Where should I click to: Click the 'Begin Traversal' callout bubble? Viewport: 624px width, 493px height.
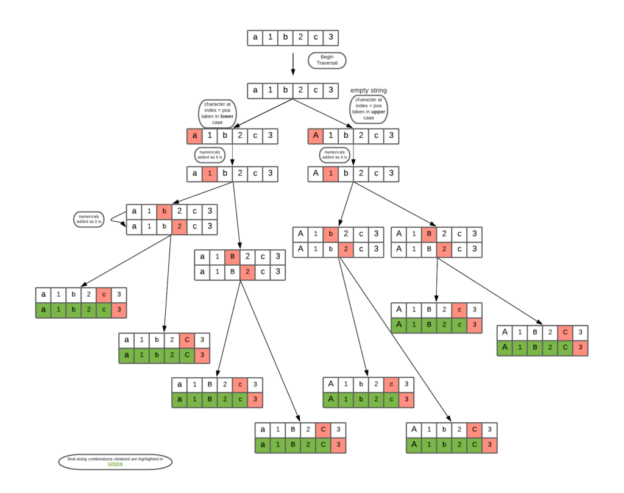tap(327, 60)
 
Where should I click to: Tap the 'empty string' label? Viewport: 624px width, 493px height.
tap(368, 90)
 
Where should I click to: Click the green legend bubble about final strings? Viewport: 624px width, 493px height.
tap(115, 461)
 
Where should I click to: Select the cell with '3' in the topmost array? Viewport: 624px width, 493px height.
tap(330, 38)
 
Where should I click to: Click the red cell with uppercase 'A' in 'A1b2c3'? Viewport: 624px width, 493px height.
tap(316, 136)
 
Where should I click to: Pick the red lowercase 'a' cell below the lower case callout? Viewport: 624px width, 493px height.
tap(194, 136)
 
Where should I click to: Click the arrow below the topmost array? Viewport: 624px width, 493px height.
tap(292, 63)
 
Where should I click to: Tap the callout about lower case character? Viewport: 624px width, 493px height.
tap(218, 113)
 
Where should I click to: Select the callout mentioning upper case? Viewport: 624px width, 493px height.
tap(369, 108)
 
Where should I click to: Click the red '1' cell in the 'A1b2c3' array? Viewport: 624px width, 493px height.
tap(330, 174)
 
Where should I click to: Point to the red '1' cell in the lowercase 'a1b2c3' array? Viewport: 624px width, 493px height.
tap(209, 174)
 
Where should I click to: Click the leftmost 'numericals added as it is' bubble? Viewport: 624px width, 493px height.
tap(89, 219)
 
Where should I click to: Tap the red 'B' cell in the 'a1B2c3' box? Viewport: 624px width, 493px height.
tap(232, 257)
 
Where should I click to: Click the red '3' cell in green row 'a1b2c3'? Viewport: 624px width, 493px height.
tap(119, 310)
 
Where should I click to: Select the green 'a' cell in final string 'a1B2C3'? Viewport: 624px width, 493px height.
tap(263, 445)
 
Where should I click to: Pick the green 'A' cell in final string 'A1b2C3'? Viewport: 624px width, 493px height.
tap(414, 445)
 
